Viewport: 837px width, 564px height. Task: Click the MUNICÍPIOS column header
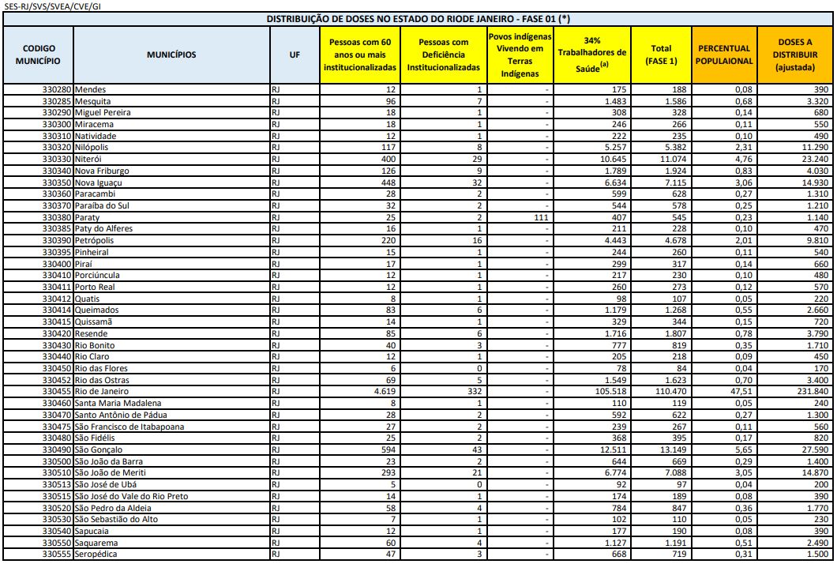click(x=171, y=55)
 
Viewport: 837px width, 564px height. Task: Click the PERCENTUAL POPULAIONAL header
click(x=724, y=55)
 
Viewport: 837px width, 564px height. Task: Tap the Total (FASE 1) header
click(x=662, y=55)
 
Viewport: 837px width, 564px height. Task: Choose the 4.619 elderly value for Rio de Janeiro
click(x=384, y=391)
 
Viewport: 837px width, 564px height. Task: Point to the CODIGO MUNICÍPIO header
click(x=39, y=55)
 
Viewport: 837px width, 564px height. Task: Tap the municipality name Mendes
click(x=91, y=90)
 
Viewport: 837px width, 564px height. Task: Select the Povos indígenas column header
click(x=519, y=55)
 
